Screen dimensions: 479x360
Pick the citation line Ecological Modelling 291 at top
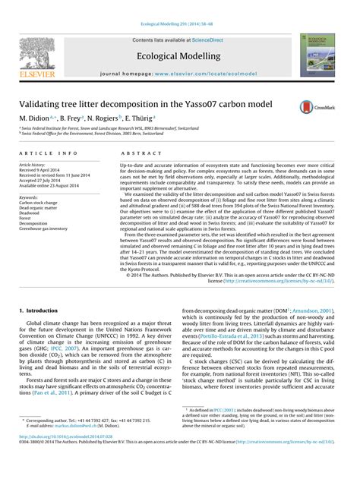coord(179,6)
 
